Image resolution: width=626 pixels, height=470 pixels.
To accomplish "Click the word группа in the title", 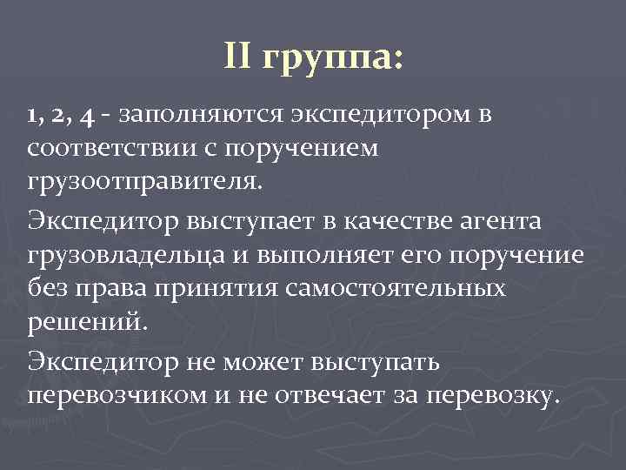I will [x=331, y=60].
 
